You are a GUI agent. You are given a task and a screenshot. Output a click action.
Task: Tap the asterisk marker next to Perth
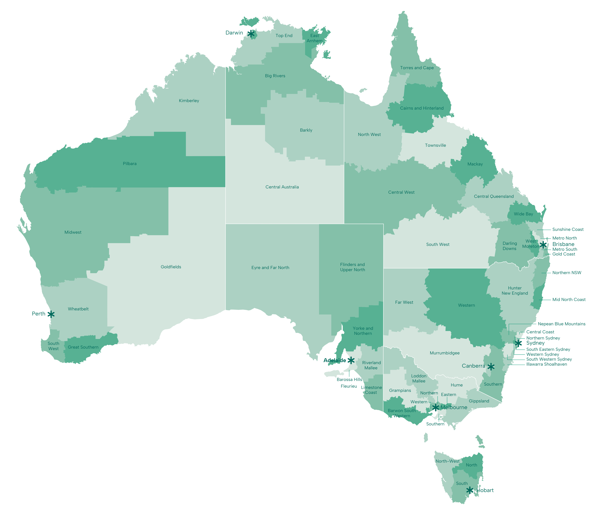coord(51,314)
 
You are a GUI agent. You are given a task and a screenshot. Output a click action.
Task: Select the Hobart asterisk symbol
coord(469,490)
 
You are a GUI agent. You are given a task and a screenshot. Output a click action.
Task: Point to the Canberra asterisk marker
coord(491,367)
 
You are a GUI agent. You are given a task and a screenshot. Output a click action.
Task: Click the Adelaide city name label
coord(335,360)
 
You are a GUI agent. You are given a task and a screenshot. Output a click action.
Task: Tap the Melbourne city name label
coord(454,407)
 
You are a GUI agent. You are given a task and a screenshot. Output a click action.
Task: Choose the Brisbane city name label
coord(563,244)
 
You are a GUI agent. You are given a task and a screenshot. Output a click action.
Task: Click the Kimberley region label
coord(189,101)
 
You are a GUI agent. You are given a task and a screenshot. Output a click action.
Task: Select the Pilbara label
coord(130,163)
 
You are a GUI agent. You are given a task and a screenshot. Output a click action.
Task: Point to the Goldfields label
coord(171,267)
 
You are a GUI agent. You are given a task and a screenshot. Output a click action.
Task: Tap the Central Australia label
coord(282,187)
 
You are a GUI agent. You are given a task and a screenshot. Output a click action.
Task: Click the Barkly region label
coord(306,130)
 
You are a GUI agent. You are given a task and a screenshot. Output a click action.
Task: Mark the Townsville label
coord(435,145)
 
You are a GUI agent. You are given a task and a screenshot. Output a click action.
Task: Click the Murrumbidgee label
coord(444,353)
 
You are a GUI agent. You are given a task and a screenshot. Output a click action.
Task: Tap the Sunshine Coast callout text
coord(568,229)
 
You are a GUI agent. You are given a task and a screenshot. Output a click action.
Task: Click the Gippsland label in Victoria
coord(479,401)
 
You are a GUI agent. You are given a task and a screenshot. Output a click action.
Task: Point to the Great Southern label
coord(83,347)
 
